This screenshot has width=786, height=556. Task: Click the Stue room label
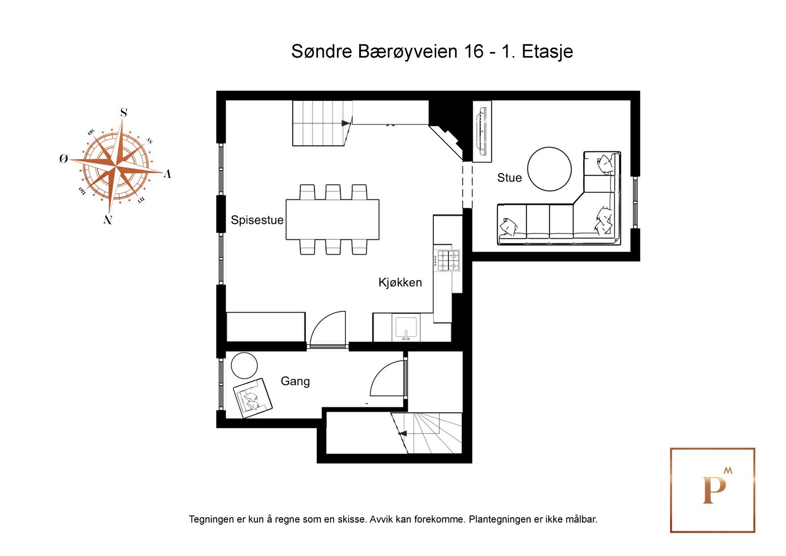[509, 177]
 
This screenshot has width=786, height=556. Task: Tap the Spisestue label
[257, 220]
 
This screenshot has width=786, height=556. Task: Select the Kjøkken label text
[400, 283]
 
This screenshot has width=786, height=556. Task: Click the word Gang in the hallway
[295, 381]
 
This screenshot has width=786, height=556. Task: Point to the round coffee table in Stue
[549, 169]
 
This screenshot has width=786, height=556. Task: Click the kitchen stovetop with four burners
[448, 261]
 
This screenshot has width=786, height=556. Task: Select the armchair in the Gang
[253, 397]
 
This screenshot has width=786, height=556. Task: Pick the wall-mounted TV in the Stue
[481, 131]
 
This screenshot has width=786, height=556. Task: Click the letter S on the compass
[124, 113]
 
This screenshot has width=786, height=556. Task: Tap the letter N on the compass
[108, 220]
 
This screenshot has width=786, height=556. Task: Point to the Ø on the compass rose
[63, 159]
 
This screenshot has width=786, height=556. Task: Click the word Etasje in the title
[547, 51]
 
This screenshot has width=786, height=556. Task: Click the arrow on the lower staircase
[402, 434]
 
